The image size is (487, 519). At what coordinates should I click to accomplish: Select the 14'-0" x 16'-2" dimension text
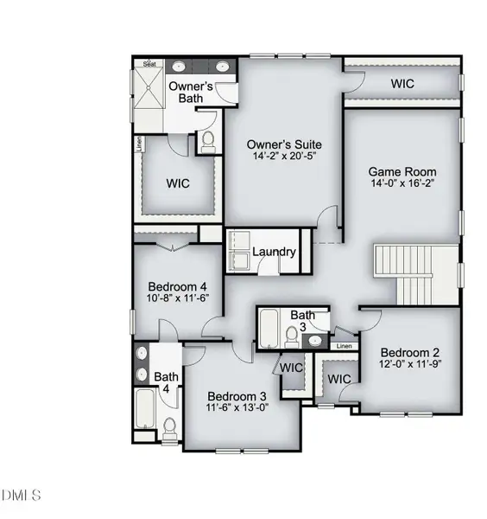tap(402, 184)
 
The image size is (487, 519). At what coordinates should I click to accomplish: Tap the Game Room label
tap(402, 171)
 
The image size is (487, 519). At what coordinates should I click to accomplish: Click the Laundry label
tap(275, 253)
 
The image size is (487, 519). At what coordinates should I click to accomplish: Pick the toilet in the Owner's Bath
tap(207, 141)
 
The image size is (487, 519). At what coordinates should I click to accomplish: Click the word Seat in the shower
tap(149, 64)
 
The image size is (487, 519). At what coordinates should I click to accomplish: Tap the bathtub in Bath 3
tap(269, 329)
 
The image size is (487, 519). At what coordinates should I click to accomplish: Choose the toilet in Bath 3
tap(292, 334)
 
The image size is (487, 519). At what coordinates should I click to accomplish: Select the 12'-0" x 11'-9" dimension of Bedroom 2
tap(411, 366)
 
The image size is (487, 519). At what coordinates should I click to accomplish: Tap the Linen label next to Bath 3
tap(345, 346)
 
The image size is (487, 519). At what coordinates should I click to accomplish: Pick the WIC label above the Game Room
tap(402, 85)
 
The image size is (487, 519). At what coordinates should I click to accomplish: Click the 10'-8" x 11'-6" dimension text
tap(179, 299)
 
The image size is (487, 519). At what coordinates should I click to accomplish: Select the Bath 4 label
tap(166, 382)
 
